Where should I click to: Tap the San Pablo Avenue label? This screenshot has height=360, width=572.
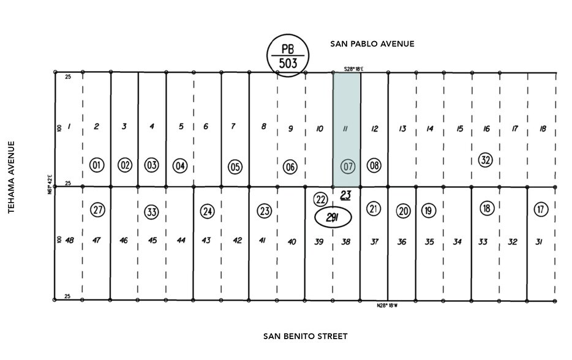click(372, 43)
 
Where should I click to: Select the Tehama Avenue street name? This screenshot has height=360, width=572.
click(11, 177)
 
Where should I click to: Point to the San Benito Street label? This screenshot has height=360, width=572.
click(305, 336)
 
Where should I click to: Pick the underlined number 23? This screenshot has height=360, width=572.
click(345, 195)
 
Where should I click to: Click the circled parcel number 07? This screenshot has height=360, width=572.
click(348, 167)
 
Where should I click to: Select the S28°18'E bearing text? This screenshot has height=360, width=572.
click(353, 69)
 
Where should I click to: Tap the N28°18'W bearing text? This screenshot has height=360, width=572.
click(387, 306)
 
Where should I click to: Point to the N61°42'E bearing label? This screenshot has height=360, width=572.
click(50, 184)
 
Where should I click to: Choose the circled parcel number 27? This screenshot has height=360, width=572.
click(97, 210)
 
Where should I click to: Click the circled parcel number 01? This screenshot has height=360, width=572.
click(97, 165)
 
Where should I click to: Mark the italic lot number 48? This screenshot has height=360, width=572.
click(69, 240)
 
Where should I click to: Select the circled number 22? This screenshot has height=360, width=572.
click(320, 200)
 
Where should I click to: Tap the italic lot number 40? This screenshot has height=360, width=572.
click(292, 241)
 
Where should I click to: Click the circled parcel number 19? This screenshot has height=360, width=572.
click(429, 211)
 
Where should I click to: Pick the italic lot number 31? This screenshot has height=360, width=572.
click(539, 241)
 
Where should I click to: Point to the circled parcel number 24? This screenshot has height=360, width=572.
click(208, 211)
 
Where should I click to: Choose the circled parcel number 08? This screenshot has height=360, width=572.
click(374, 165)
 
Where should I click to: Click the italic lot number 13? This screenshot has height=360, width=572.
click(402, 129)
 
